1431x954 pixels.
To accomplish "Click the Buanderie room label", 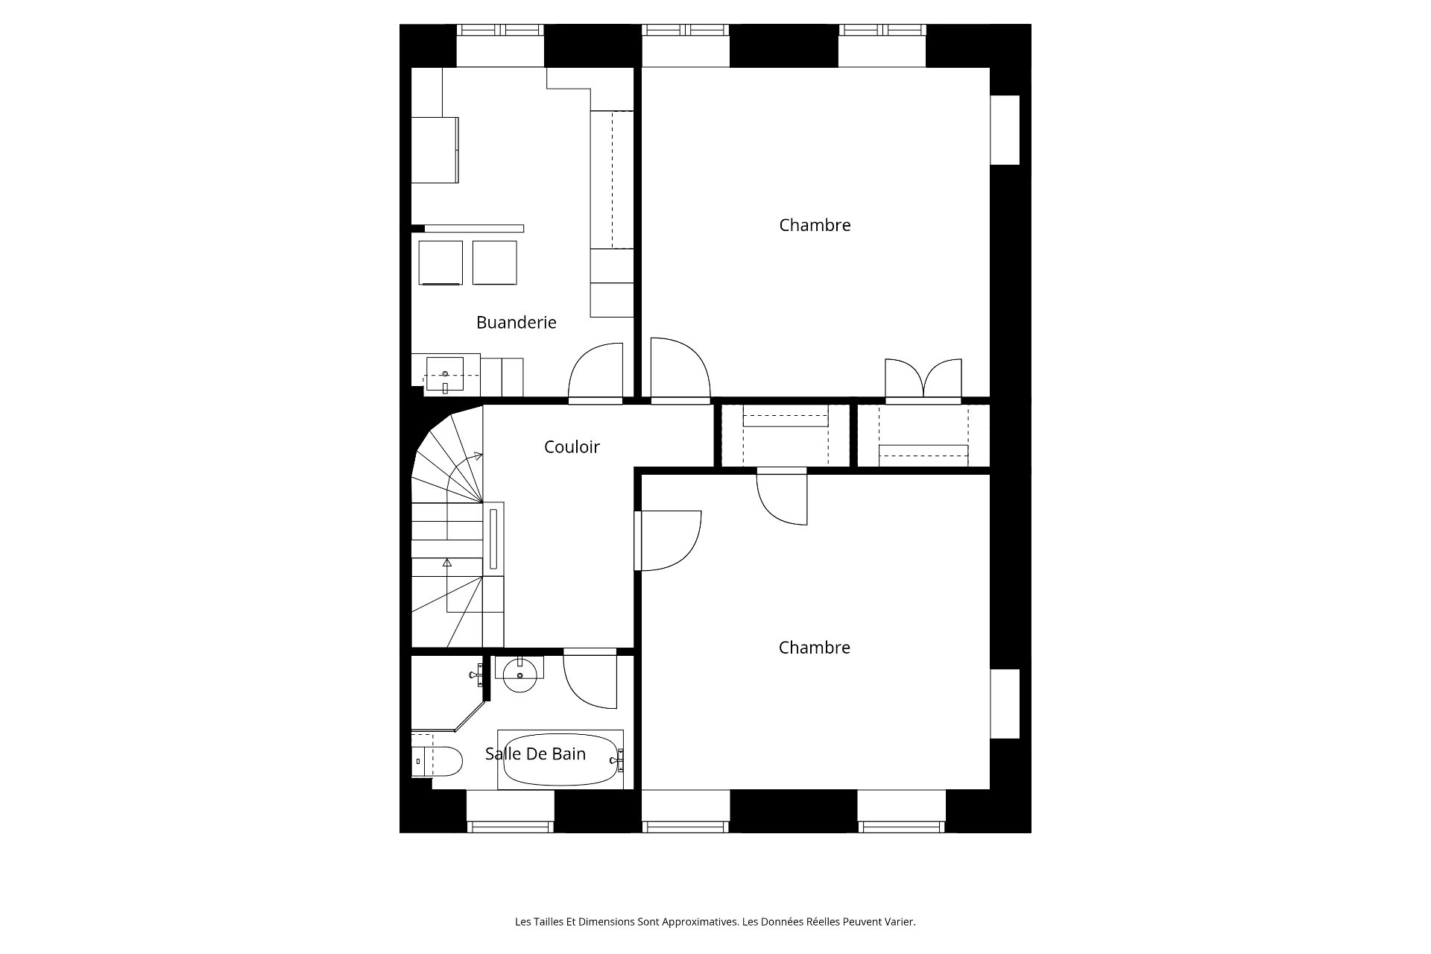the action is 516,322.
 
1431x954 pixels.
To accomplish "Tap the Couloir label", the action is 572,446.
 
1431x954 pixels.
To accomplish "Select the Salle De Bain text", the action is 535,754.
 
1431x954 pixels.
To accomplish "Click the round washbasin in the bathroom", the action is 519,676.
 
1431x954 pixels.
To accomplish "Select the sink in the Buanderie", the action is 444,375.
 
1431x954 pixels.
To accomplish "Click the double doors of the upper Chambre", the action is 923,379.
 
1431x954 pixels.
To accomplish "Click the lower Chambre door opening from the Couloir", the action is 669,540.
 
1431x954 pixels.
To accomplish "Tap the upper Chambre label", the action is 815,225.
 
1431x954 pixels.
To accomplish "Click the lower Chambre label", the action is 815,648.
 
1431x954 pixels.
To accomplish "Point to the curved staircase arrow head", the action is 478,455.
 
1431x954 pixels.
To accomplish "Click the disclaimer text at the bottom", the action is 715,922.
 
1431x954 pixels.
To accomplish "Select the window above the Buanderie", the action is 500,31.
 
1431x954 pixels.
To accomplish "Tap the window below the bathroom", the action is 511,826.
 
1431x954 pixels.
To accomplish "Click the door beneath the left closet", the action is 781,497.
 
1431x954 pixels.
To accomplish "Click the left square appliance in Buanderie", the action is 440,262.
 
